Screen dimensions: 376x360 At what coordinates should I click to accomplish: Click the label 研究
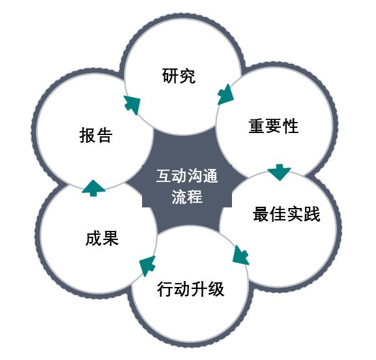point(179,76)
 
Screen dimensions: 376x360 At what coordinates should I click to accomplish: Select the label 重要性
point(274,126)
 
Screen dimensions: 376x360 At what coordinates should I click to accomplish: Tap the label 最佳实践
point(286,214)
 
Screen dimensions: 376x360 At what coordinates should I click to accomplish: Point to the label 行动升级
point(191,289)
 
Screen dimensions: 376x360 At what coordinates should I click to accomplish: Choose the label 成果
point(102,238)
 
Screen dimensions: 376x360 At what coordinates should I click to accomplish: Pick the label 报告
point(96,136)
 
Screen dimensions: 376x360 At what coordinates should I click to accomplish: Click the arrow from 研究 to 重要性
point(225,95)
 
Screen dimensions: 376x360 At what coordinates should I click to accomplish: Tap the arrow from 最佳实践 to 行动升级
point(240,256)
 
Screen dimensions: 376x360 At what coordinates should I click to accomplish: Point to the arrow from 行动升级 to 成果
point(147,265)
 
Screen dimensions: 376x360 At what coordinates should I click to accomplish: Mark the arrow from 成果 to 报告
point(94,188)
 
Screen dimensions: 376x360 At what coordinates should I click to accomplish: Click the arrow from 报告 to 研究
point(132,105)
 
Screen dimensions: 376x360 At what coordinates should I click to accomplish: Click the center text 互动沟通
point(187,176)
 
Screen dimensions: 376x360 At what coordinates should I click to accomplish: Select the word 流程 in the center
point(187,197)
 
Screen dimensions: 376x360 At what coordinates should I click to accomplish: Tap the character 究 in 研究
point(187,76)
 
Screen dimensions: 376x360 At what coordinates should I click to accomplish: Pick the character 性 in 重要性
point(291,126)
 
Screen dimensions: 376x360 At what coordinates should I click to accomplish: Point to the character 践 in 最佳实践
point(312,214)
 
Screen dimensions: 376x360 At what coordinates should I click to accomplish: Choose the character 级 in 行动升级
point(216,289)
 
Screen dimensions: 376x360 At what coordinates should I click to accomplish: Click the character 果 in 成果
point(111,238)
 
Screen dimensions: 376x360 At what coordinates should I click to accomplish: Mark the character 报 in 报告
point(87,136)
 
